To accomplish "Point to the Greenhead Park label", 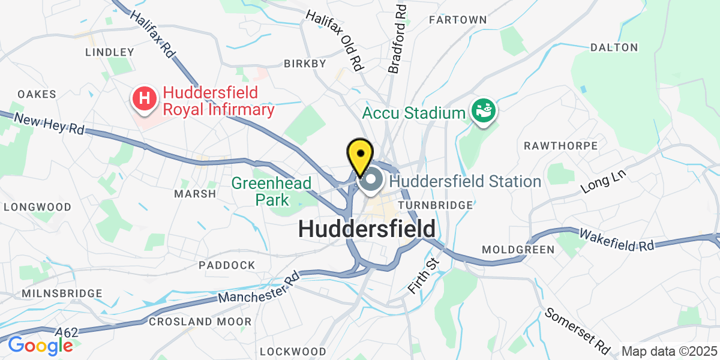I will pyautogui.click(x=271, y=191).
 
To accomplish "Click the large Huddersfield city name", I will pyautogui.click(x=367, y=229).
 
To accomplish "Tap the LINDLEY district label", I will pyautogui.click(x=110, y=52).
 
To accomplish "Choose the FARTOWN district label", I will pyautogui.click(x=458, y=20).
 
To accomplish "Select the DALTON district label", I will pyautogui.click(x=614, y=47).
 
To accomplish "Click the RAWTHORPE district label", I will pyautogui.click(x=560, y=146).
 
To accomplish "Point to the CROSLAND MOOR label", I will pyautogui.click(x=200, y=322).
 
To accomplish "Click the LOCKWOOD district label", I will pyautogui.click(x=293, y=351).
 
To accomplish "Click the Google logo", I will pyautogui.click(x=40, y=346).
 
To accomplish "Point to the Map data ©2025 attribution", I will pyautogui.click(x=669, y=351).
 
